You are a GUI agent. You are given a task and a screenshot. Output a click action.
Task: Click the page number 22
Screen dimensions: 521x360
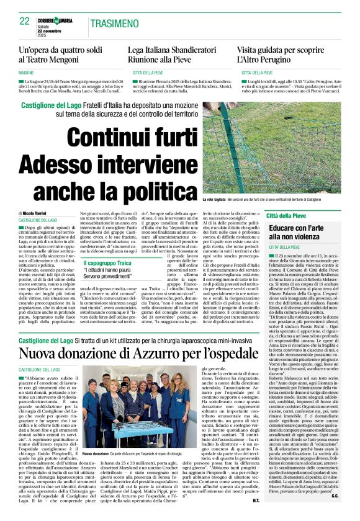tap(25, 20)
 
